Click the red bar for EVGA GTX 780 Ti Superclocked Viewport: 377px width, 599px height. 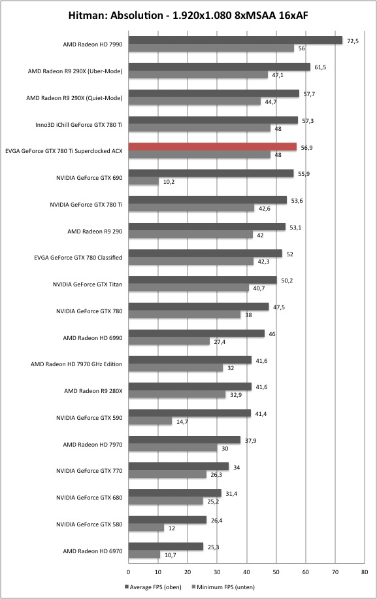point(212,146)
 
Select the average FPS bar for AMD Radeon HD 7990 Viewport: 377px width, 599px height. point(235,40)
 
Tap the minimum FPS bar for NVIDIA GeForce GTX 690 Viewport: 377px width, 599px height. point(144,181)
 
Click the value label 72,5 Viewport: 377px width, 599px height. point(353,41)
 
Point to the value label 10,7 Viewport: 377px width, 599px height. point(170,555)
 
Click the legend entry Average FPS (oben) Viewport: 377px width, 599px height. point(153,587)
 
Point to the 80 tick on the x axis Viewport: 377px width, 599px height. point(365,572)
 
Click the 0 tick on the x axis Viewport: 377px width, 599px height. point(129,572)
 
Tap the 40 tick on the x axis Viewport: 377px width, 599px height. point(247,572)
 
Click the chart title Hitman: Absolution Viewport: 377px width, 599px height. point(116,15)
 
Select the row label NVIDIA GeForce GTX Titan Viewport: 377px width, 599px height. point(88,284)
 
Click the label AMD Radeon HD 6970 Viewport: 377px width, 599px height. point(93,551)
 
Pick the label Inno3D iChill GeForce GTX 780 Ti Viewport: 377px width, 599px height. point(79,124)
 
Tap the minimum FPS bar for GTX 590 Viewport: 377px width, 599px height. point(150,421)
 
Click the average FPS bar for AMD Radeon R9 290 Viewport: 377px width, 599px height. point(207,227)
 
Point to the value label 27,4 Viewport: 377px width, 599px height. point(220,342)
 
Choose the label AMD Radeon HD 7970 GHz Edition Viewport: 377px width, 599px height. point(76,364)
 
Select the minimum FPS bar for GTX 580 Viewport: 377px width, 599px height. point(146,528)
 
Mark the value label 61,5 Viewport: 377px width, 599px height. point(320,67)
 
